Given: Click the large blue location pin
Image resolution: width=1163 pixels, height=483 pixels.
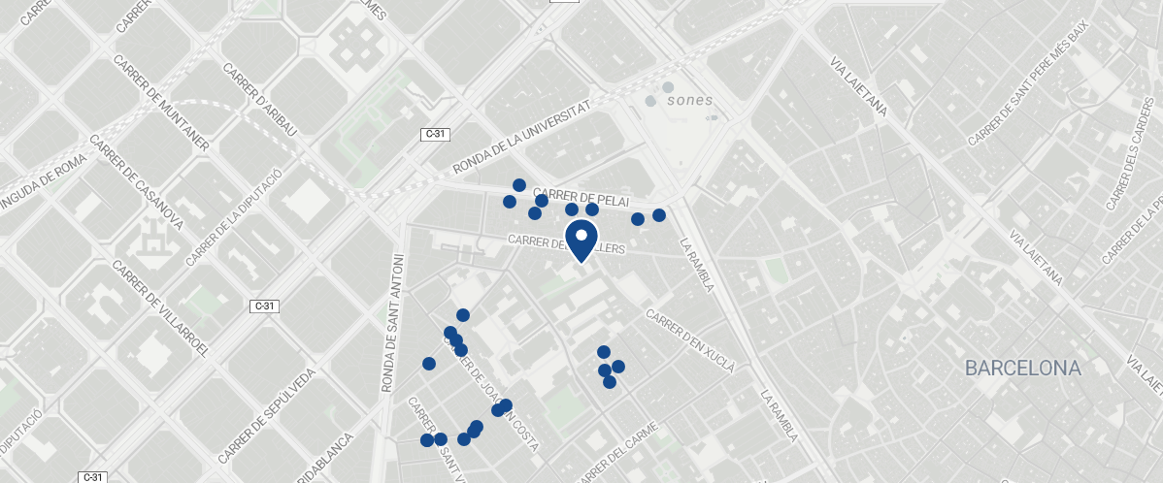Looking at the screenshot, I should (581, 239).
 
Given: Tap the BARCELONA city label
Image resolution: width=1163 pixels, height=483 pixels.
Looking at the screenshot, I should (1022, 369).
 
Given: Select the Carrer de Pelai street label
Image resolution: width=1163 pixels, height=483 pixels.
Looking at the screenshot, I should (575, 196).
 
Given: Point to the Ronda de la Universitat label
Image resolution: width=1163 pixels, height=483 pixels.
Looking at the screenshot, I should (521, 140).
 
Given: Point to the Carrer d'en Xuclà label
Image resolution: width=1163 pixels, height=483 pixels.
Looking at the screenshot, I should (690, 341).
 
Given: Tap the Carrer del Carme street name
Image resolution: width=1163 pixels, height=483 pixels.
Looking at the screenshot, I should (617, 450).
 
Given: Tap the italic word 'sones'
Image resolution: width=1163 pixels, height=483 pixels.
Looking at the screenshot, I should (689, 100).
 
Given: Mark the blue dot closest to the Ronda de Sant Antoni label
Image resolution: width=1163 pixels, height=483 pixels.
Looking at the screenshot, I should (429, 364).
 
